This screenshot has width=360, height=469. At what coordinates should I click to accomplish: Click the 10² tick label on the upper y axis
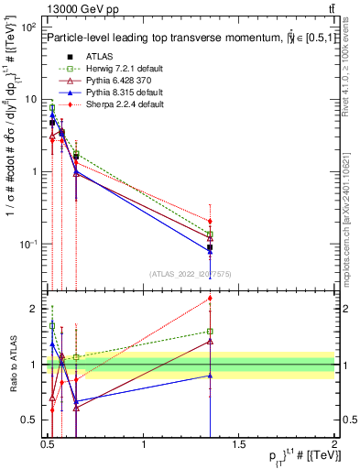pyautogui.click(x=28, y=27)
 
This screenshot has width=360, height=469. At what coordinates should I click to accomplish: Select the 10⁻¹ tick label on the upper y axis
pyautogui.click(x=28, y=244)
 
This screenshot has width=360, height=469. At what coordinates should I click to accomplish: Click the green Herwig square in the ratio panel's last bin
pyautogui.click(x=211, y=332)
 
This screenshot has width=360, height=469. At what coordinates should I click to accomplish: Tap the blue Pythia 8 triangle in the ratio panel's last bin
pyautogui.click(x=211, y=376)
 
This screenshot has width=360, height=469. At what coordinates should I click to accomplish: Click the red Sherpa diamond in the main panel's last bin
pyautogui.click(x=211, y=221)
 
